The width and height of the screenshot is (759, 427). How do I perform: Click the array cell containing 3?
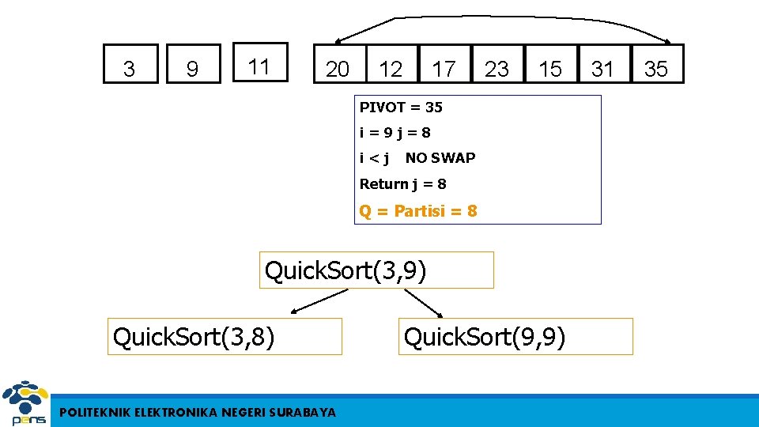pyautogui.click(x=130, y=69)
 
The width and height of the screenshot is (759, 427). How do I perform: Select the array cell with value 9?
pyautogui.click(x=192, y=69)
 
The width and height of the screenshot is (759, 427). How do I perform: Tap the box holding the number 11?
pyautogui.click(x=259, y=66)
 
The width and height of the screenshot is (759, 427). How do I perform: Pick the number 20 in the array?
pyautogui.click(x=338, y=69)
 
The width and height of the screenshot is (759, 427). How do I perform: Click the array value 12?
pyautogui.click(x=391, y=69)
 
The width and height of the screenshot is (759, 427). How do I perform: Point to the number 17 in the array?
pyautogui.click(x=444, y=69)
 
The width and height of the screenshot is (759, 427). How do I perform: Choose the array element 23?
pyautogui.click(x=497, y=69)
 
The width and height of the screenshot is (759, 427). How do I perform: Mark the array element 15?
pyautogui.click(x=550, y=69)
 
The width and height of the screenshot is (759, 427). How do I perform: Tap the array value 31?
pyautogui.click(x=602, y=69)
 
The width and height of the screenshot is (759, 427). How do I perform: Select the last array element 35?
pyautogui.click(x=656, y=69)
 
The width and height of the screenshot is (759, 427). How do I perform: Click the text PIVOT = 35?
pyautogui.click(x=401, y=107)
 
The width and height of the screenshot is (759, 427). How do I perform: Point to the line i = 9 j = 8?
pyautogui.click(x=395, y=132)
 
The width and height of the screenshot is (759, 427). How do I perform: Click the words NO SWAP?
pyautogui.click(x=440, y=157)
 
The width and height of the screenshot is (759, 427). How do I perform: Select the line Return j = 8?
pyautogui.click(x=402, y=183)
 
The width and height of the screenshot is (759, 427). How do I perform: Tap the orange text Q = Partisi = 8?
pyautogui.click(x=418, y=211)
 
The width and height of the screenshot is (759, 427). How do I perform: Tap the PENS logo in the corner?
pyautogui.click(x=25, y=404)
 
